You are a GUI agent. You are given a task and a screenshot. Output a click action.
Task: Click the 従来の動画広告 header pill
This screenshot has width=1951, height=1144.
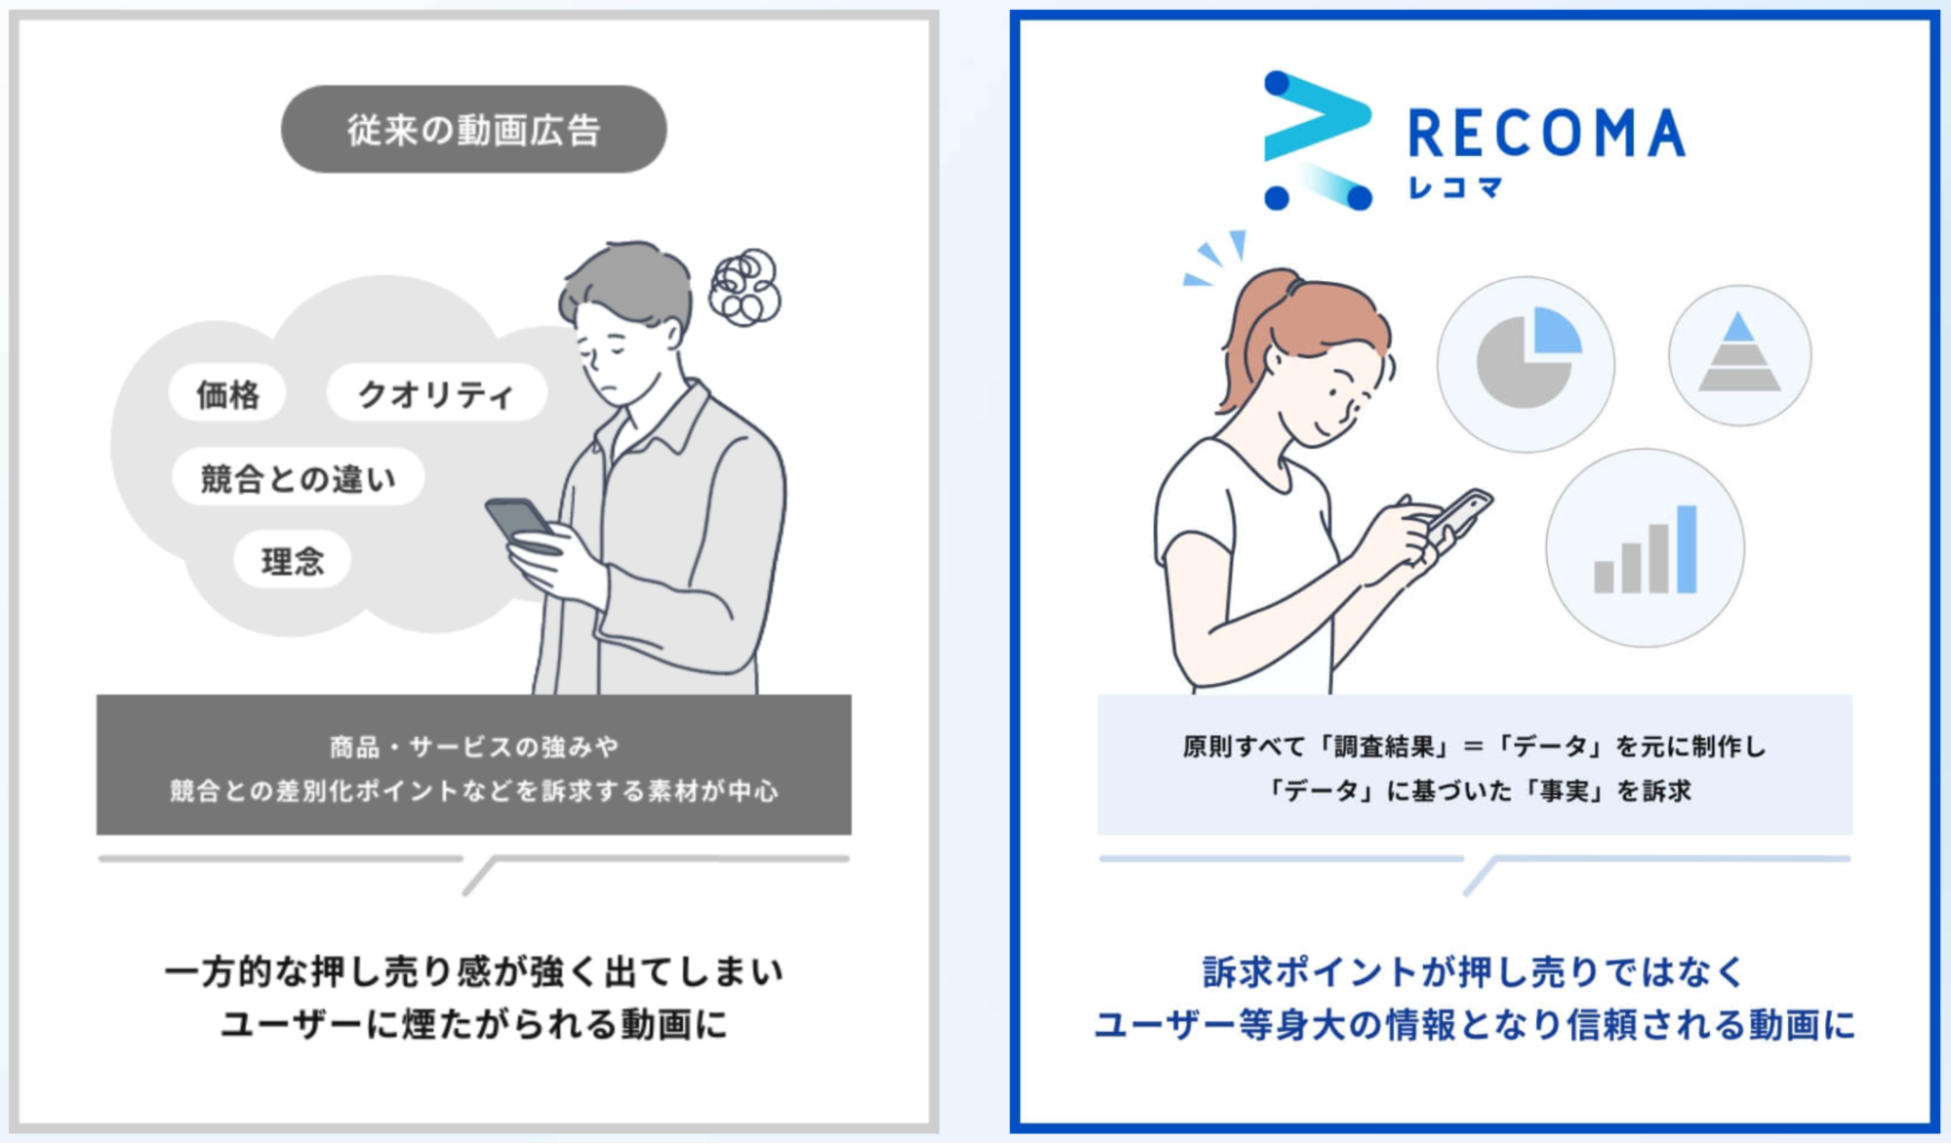[473, 129]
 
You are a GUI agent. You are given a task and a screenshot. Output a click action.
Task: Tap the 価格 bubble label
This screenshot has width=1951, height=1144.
[227, 393]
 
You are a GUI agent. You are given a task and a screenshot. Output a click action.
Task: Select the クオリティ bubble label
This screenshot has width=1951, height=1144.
[435, 393]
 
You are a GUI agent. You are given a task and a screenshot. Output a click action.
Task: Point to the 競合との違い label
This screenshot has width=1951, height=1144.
[298, 477]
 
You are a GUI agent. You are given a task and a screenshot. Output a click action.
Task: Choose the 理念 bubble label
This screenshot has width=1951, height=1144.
[292, 560]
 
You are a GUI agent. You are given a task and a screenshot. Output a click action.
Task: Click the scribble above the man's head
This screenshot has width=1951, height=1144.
[746, 287]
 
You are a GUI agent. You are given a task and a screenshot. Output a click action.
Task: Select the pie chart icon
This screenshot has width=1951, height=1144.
[1525, 364]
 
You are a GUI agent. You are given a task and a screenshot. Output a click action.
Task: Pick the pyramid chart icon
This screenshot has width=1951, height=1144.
[1739, 355]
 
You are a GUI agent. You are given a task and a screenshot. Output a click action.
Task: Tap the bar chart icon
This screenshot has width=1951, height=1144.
[1645, 549]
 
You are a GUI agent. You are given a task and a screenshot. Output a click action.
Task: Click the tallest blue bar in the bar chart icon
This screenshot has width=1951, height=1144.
[1687, 550]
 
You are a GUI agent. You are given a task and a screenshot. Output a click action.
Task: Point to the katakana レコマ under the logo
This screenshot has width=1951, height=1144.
[1454, 187]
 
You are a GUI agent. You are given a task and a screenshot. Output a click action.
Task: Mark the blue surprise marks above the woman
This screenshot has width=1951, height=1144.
[1216, 258]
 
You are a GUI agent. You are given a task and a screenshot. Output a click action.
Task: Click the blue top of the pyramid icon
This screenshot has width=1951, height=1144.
[1739, 327]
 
